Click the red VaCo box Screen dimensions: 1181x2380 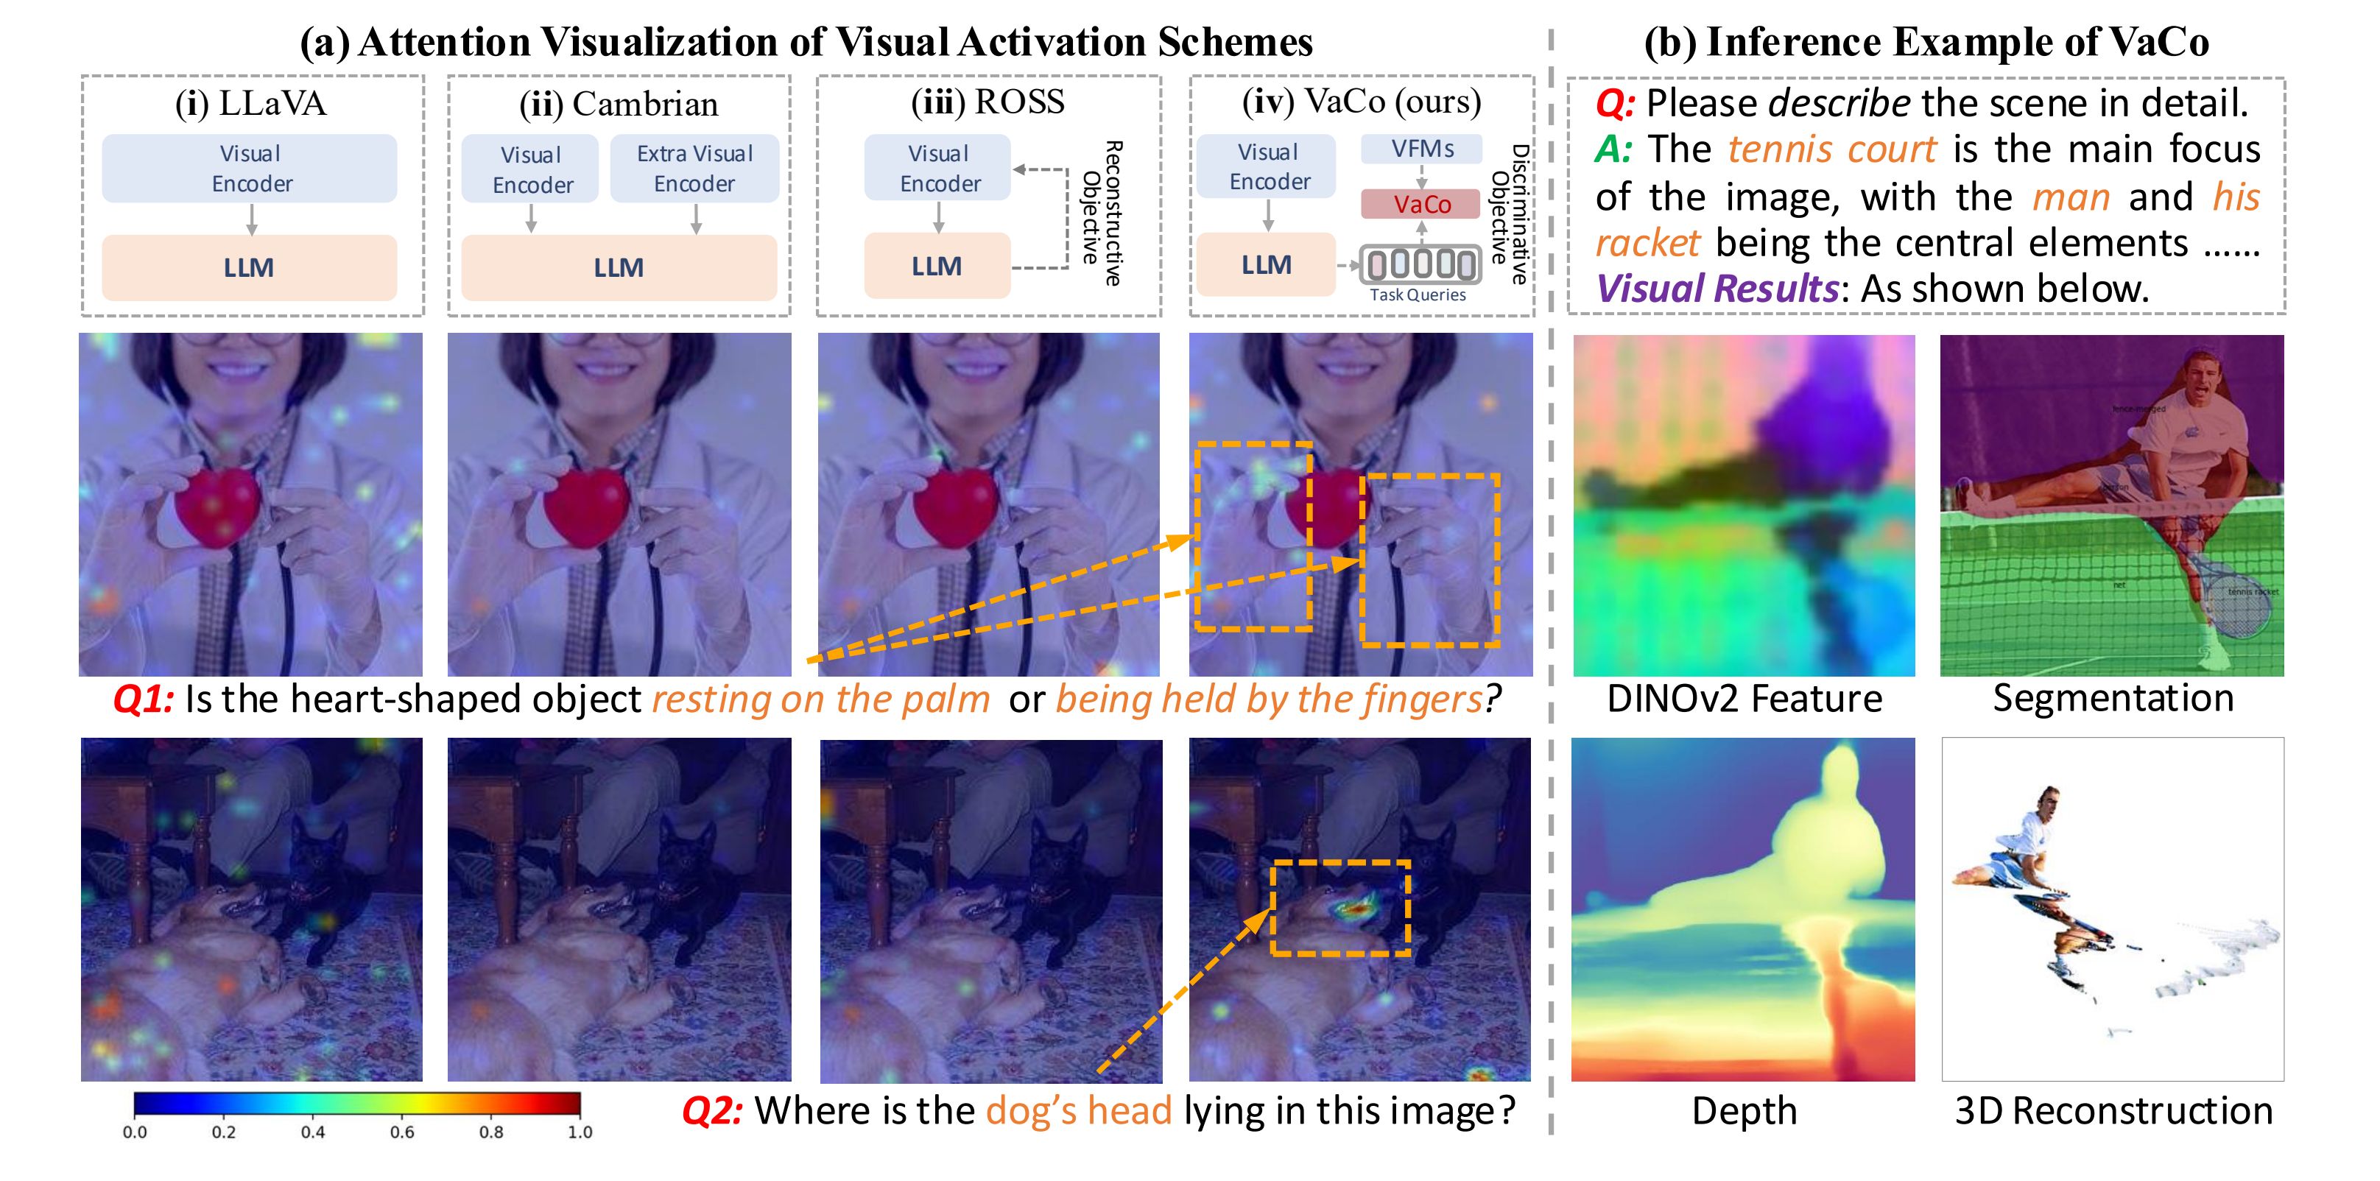coord(1421,204)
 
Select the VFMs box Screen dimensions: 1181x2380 coord(1421,149)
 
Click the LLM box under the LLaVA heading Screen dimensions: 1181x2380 coord(249,268)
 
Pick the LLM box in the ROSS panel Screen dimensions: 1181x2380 coord(937,266)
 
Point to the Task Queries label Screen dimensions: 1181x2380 coord(1418,295)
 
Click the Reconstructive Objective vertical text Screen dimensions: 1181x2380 coord(1102,214)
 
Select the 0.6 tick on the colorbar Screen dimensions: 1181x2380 coord(402,1132)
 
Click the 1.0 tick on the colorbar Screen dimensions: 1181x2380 coord(580,1132)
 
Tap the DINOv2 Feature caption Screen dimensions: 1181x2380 coord(1744,699)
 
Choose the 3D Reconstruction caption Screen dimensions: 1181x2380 coord(2113,1111)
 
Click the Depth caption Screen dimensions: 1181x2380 coord(1744,1111)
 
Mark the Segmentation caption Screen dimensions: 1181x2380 coord(2113,699)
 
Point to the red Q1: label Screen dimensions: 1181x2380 coord(143,699)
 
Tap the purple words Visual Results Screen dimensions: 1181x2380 coord(1717,289)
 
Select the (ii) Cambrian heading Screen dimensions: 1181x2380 coord(618,105)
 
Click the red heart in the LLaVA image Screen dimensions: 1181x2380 coord(218,507)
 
